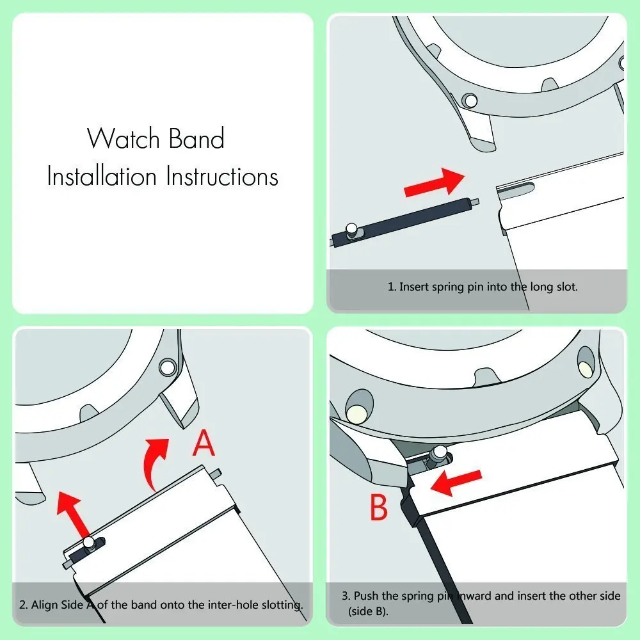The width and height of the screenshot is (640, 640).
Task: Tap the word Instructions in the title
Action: pos(222,176)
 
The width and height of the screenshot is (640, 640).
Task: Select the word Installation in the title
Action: pos(102,176)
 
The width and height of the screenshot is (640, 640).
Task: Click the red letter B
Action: pos(379,508)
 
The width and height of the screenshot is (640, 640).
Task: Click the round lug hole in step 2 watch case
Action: pos(168,367)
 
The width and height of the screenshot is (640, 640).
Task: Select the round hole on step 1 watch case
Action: pos(470,100)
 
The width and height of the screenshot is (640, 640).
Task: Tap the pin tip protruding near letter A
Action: pos(217,474)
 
